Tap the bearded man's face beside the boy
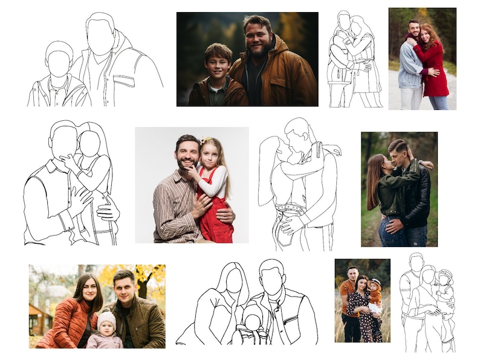pyautogui.click(x=259, y=37)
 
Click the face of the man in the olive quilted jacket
pyautogui.click(x=124, y=288)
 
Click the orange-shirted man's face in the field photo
pyautogui.click(x=352, y=273)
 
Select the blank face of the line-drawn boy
pyautogui.click(x=59, y=63)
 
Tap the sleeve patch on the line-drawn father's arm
pyautogui.click(x=124, y=81)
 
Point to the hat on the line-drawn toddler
pyautogui.click(x=446, y=275)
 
